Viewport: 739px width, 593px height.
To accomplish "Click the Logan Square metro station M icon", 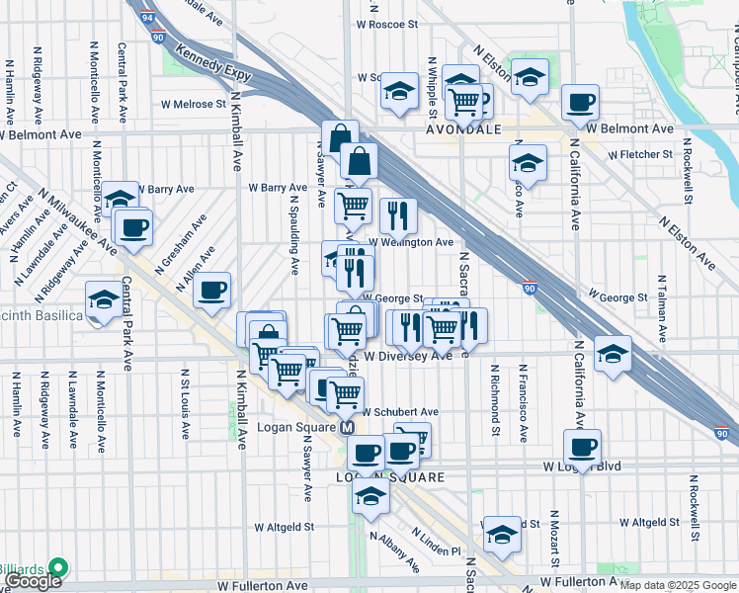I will point(347,428).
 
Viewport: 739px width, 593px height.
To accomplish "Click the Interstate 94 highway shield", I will point(147,17).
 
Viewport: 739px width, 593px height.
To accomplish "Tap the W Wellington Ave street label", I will point(411,242).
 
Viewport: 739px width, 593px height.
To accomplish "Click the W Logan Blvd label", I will point(581,466).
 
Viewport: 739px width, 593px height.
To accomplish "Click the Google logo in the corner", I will point(33,581).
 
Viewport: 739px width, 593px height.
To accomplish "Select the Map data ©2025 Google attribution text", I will point(677,585).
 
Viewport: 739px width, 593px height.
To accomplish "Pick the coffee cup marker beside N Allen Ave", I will point(211,290).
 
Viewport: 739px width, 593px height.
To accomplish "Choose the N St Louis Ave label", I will point(186,403).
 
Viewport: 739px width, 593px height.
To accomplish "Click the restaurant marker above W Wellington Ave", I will point(398,214).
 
